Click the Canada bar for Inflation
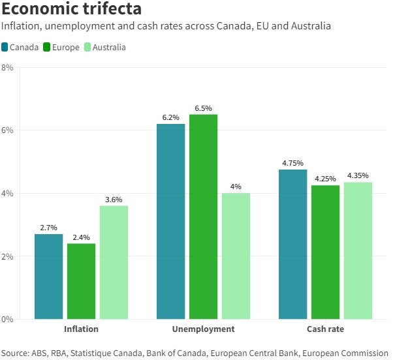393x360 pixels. (x=49, y=277)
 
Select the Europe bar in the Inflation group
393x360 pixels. (x=81, y=281)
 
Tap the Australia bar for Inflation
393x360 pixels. (x=114, y=262)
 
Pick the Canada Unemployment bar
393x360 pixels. (x=170, y=221)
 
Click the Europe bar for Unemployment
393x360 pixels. (x=203, y=217)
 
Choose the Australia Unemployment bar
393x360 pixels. (x=236, y=256)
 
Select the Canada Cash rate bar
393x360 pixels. (x=292, y=244)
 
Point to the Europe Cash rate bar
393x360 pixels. (x=325, y=252)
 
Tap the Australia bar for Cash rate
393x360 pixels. (x=358, y=250)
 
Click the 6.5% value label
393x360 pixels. (x=203, y=108)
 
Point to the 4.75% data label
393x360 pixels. (x=292, y=163)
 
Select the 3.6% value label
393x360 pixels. (x=114, y=200)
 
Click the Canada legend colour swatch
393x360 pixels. (x=5, y=47)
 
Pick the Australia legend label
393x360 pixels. (x=109, y=47)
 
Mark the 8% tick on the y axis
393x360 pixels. (x=7, y=67)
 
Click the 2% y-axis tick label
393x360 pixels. (x=7, y=256)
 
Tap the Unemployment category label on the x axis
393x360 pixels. (x=203, y=329)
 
